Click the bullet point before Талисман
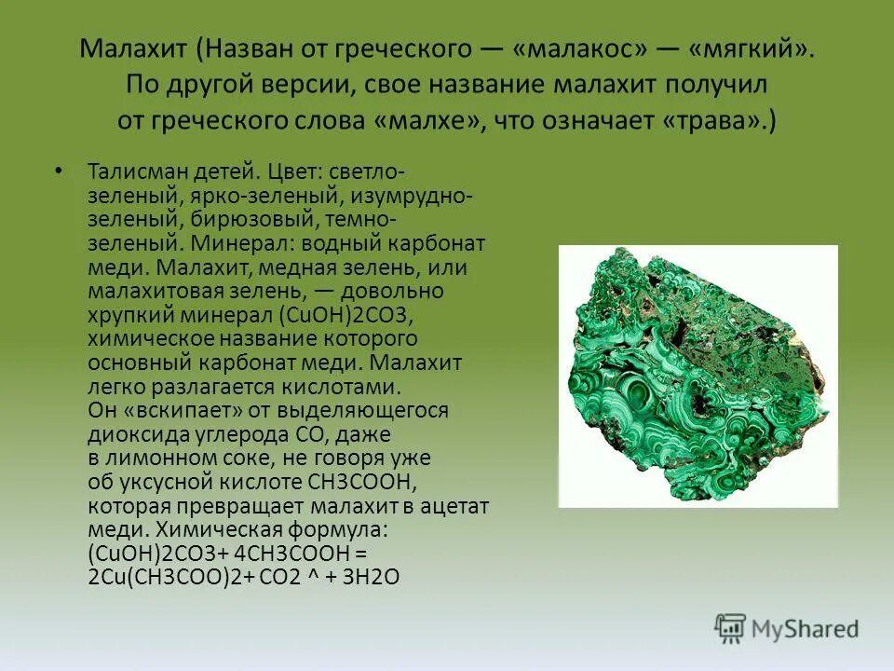60,171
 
